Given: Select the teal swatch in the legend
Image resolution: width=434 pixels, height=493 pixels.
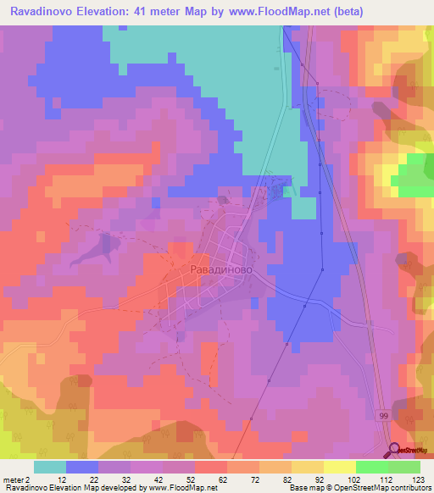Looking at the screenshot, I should click(50, 467).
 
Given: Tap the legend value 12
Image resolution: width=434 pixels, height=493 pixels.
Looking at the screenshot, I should click(57, 479).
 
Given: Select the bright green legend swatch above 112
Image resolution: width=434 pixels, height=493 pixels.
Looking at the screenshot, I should click(372, 467).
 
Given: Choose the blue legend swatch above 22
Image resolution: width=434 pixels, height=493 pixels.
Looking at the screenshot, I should click(82, 467).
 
